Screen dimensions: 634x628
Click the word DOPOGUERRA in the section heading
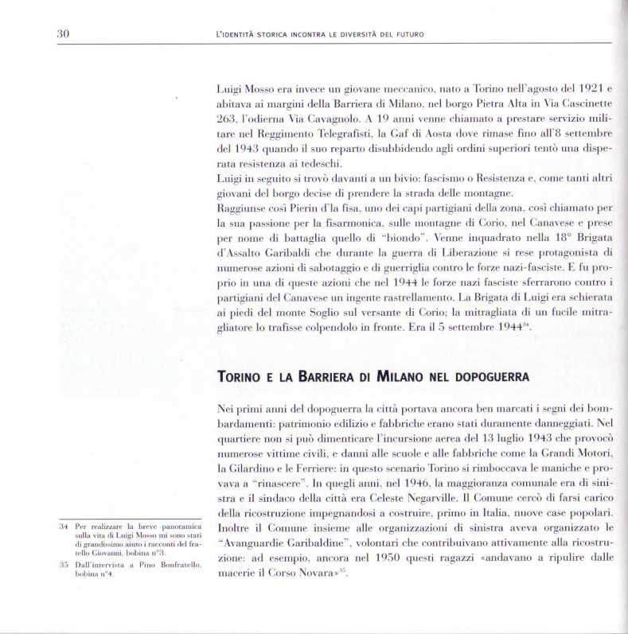click(478, 376)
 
